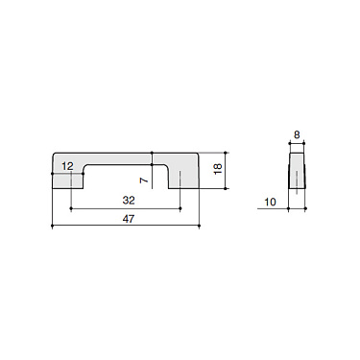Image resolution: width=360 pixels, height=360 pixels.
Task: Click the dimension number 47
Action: pyautogui.click(x=128, y=220)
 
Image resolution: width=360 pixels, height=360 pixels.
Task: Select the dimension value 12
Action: pyautogui.click(x=67, y=166)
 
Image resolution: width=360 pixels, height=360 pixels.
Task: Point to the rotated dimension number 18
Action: pyautogui.click(x=218, y=171)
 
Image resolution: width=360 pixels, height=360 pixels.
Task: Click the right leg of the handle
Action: pyautogui.click(x=188, y=178)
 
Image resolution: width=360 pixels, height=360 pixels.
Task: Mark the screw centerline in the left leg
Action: pyautogui.click(x=72, y=182)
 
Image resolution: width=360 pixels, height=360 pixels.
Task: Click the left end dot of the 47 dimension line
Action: pyautogui.click(x=52, y=228)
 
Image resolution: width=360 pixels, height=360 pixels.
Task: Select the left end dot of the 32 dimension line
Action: pyautogui.click(x=72, y=208)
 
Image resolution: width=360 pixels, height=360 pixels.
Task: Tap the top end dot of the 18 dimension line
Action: pyautogui.click(x=228, y=152)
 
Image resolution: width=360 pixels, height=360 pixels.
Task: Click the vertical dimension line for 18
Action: pyautogui.click(x=228, y=171)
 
